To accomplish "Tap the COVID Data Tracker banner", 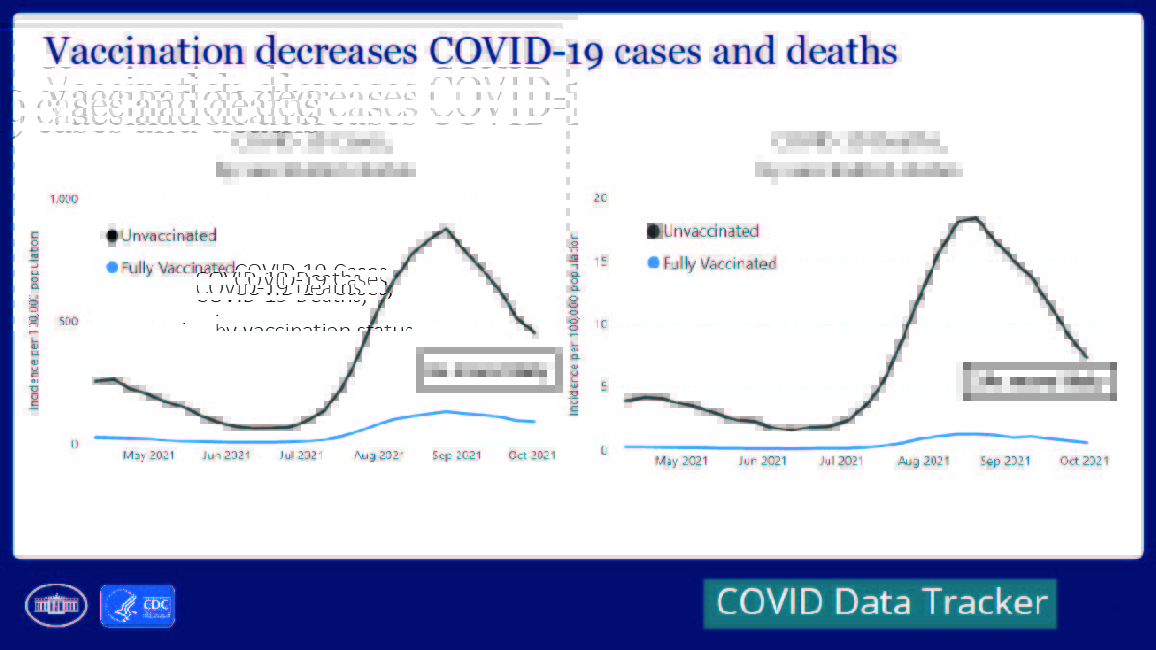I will pos(880,603).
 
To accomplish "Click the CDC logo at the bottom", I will pos(138,606).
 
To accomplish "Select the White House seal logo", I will pos(56,606).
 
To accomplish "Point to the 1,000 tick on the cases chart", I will pos(62,198).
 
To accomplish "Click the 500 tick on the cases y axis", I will pos(66,321).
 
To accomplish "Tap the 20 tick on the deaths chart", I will pos(601,197).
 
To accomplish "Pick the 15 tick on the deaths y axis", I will pos(601,261).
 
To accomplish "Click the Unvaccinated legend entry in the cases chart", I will pos(161,235).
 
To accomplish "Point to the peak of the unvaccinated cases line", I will pos(445,228).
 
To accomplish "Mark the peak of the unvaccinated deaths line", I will pos(973,219).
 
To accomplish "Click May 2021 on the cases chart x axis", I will pos(148,455).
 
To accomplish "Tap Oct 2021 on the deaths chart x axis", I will pos(1082,461).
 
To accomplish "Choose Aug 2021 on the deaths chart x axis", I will pos(922,461).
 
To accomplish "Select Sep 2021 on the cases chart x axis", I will pos(455,455).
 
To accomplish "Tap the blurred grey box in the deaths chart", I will pos(1039,381).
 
